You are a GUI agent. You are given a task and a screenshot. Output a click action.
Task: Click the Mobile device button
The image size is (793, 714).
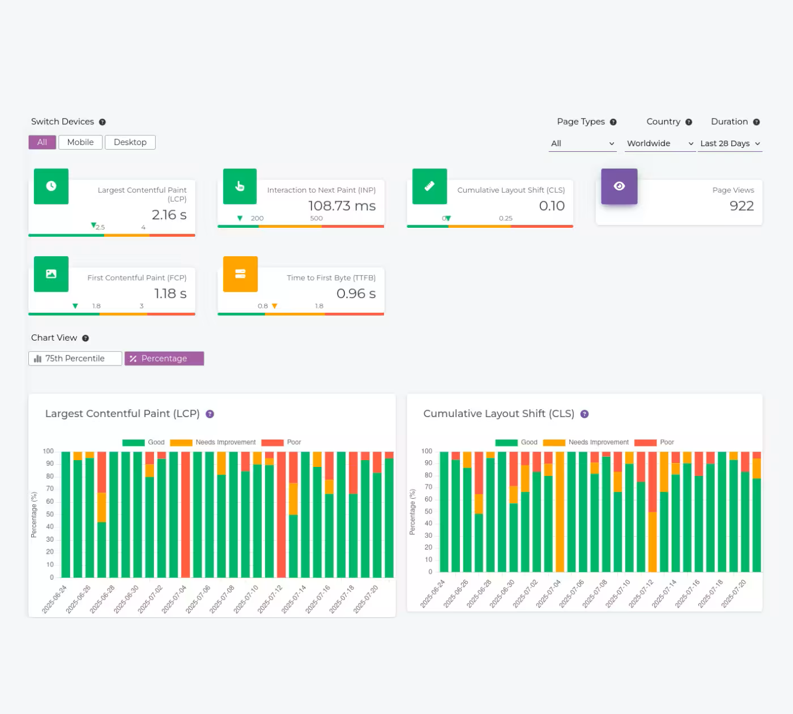coord(80,142)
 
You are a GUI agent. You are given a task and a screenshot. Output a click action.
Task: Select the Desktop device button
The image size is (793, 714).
coord(130,142)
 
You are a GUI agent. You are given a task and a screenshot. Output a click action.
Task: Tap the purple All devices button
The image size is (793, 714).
coord(42,142)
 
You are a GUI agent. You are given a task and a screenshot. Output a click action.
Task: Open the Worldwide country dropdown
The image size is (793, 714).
coord(660,143)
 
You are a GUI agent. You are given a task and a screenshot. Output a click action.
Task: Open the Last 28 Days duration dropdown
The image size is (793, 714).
coord(730,143)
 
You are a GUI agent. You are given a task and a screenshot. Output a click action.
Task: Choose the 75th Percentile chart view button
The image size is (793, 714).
coord(75,359)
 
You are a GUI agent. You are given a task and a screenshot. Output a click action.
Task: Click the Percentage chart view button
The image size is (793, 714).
coord(164,359)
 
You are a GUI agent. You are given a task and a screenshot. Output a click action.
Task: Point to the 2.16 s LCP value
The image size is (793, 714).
coord(169,215)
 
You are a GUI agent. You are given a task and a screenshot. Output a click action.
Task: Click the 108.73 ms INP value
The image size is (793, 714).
coord(342,206)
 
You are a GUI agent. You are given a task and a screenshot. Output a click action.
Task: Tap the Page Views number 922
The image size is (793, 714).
coord(741,206)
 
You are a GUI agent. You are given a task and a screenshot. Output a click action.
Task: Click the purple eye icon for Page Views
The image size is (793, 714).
coord(619,186)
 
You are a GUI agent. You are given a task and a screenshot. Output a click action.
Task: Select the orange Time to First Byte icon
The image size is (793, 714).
coord(240,274)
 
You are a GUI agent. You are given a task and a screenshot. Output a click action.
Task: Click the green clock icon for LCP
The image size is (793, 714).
coord(51,186)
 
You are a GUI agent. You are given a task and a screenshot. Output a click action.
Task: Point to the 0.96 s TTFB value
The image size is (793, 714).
coord(356,294)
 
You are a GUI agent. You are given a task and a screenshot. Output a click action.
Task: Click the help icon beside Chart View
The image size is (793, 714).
coord(86,338)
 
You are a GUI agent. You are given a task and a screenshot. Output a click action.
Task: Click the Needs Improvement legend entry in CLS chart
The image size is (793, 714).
coord(586,443)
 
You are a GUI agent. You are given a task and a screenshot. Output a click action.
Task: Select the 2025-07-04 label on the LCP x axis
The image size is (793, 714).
coord(174,599)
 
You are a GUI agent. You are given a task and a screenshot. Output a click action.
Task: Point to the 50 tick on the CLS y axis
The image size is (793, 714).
coord(429,512)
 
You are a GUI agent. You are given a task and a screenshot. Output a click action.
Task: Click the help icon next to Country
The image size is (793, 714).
coord(689,122)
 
